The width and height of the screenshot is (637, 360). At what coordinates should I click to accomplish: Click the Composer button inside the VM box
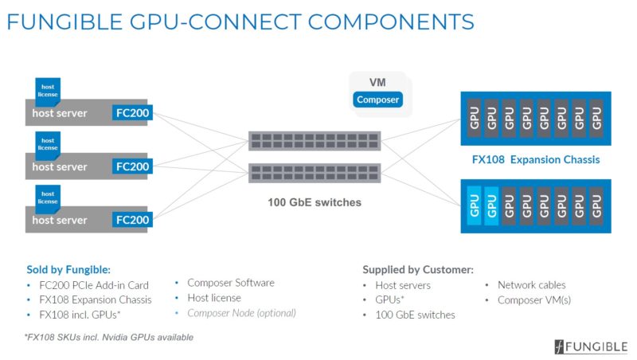click(377, 100)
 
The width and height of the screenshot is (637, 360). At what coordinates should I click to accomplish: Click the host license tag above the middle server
click(48, 143)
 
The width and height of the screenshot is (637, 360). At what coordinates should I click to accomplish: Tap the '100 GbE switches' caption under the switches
click(314, 202)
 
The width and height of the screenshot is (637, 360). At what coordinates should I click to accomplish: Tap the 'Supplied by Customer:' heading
click(418, 269)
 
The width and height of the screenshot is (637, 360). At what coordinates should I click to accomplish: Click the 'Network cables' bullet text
click(532, 284)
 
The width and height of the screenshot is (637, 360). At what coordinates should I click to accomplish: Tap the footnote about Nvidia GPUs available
click(109, 338)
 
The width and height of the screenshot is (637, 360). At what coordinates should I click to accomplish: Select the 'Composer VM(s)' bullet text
click(534, 299)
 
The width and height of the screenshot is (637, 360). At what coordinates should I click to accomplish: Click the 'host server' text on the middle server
click(60, 167)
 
